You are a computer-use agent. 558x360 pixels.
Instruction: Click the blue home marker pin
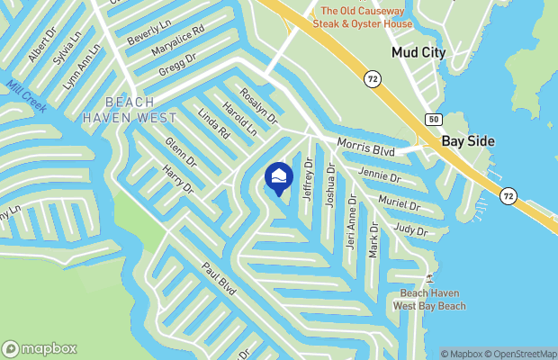279,178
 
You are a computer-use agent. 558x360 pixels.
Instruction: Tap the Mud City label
418,53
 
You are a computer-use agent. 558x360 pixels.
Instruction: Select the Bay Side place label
467,142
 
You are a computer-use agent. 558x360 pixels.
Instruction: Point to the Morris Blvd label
366,144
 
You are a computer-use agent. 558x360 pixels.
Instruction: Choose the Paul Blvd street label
219,279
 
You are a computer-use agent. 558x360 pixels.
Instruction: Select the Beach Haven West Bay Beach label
429,301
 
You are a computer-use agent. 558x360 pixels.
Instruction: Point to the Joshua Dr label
330,186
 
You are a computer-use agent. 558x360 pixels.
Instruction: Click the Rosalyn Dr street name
259,106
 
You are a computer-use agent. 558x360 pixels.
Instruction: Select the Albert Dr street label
42,49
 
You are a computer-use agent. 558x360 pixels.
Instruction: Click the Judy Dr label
409,229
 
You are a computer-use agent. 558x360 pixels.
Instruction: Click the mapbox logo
40,349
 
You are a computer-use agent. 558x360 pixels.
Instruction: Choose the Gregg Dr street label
177,65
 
